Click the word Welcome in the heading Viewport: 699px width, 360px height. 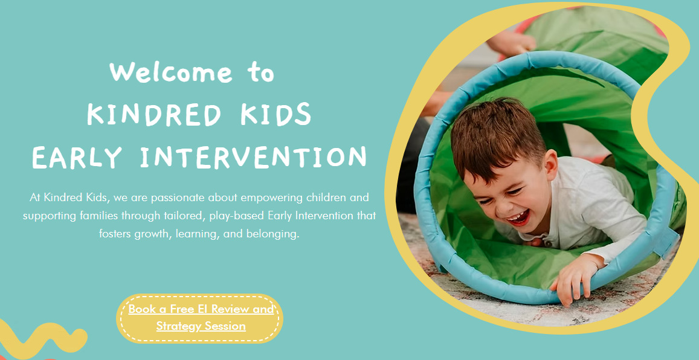(x=171, y=72)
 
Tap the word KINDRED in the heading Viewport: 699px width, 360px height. (x=154, y=114)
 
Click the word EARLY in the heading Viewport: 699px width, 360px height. (x=77, y=157)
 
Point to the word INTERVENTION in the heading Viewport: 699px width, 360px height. (x=253, y=157)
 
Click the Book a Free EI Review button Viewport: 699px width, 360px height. (x=200, y=318)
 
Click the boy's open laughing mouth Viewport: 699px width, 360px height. (x=518, y=217)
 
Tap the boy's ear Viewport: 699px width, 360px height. (x=552, y=164)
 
